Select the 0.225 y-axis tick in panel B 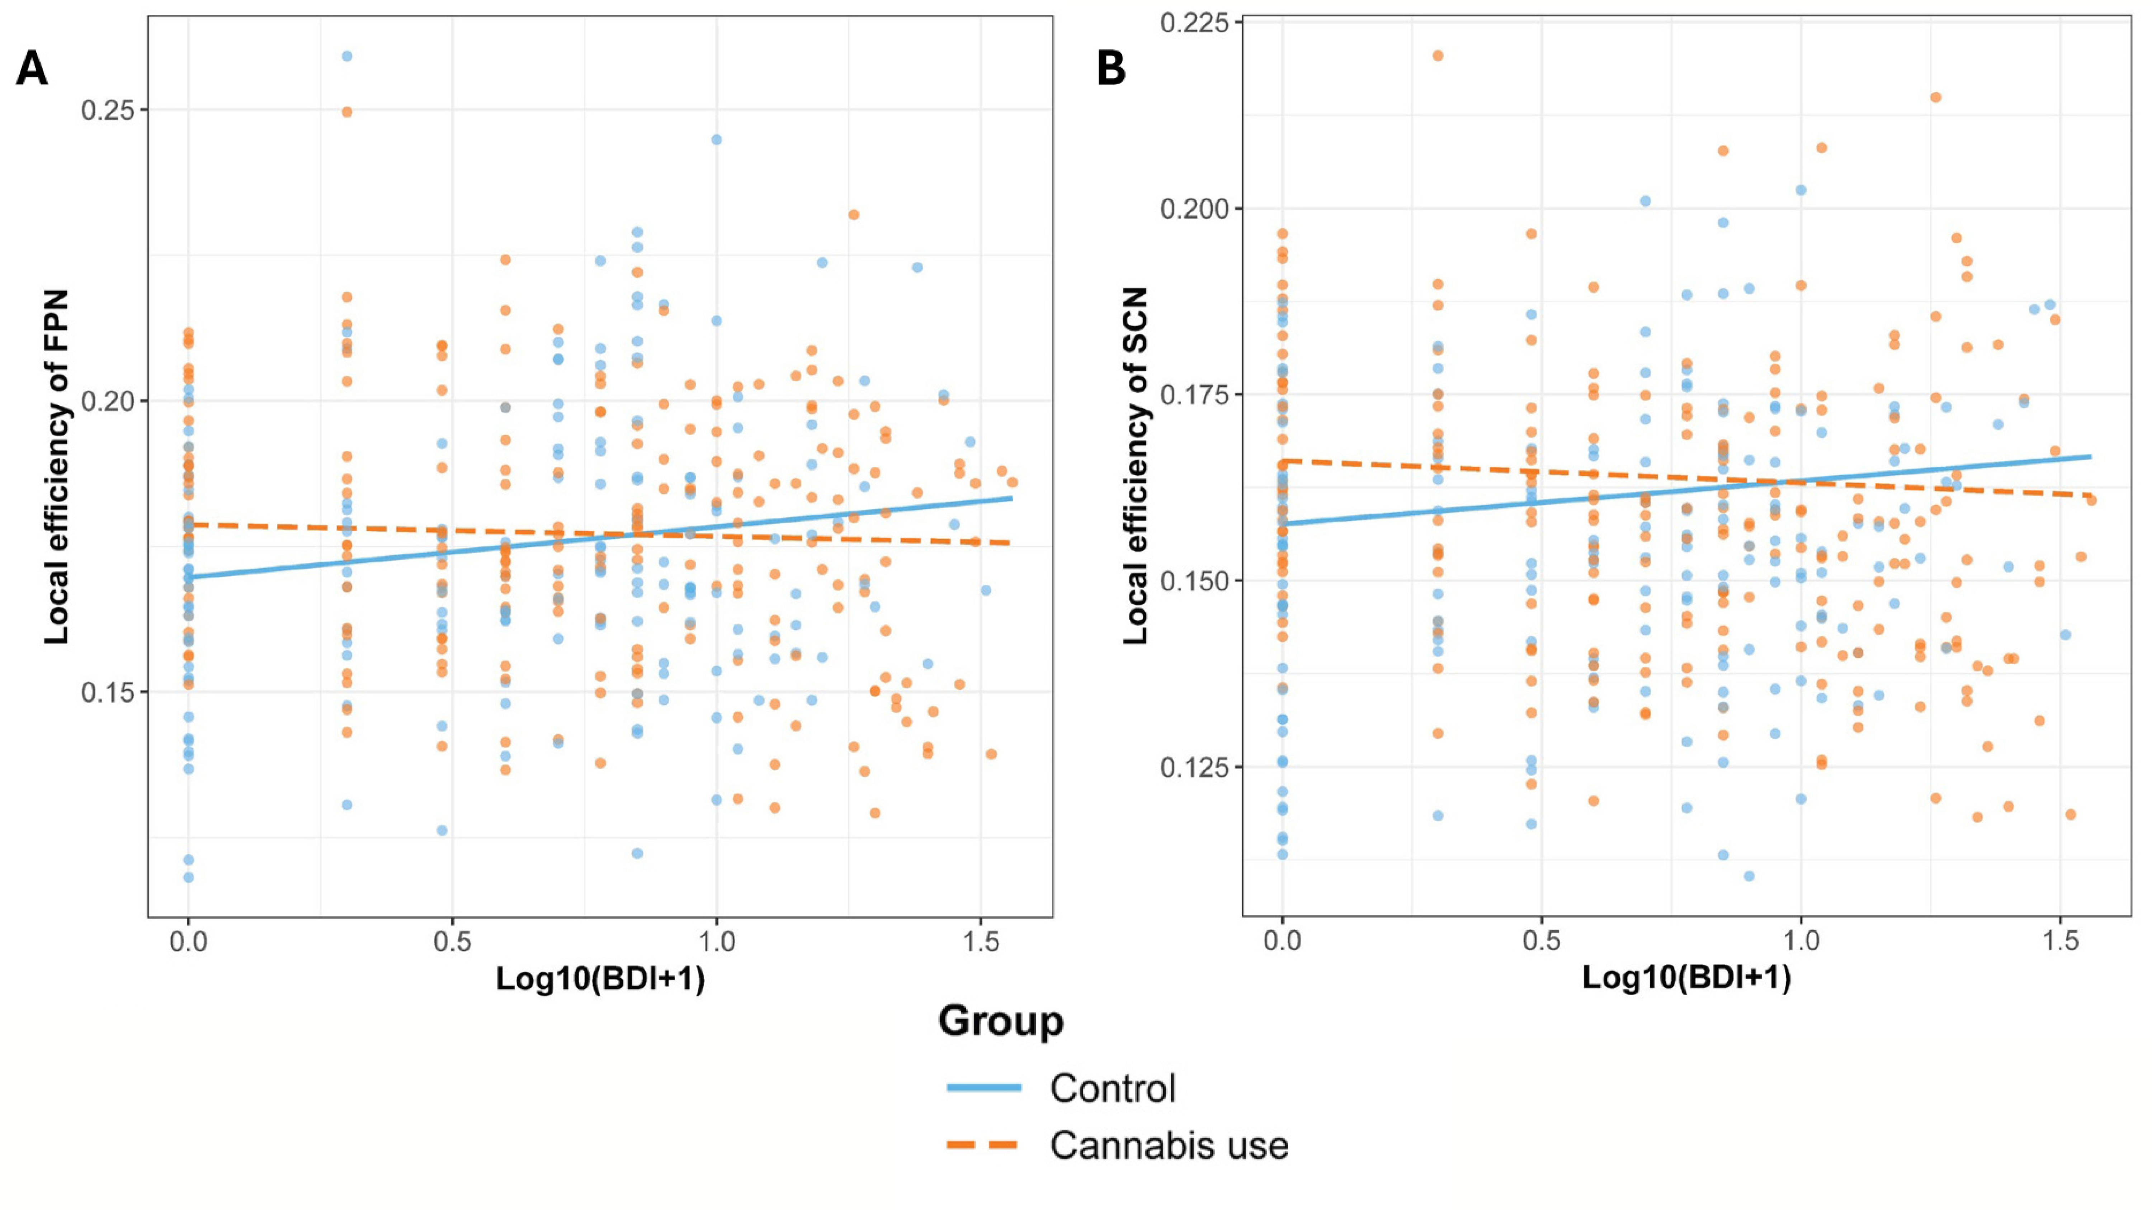coord(1195,23)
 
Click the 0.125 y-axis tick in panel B coord(1195,767)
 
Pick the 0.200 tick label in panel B coord(1195,209)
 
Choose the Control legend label coord(1113,1088)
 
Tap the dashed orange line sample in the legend coord(984,1145)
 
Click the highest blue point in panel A coord(347,56)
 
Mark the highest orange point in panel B coord(1438,56)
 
